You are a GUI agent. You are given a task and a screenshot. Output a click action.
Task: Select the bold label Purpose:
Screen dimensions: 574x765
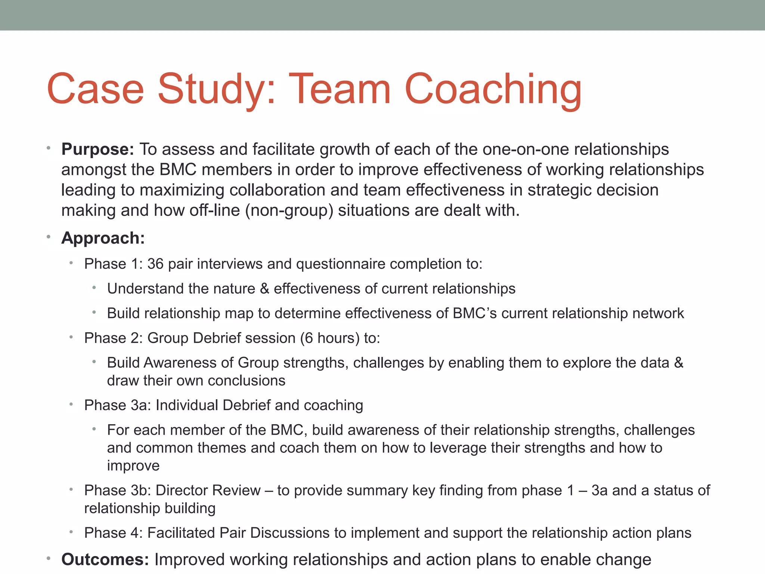click(x=97, y=149)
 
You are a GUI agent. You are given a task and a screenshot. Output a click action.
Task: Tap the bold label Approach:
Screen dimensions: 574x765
click(x=103, y=238)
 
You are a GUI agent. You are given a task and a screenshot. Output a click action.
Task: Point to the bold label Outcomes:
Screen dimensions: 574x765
click(x=105, y=559)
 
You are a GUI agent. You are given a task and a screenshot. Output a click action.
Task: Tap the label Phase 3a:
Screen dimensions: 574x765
click(x=117, y=405)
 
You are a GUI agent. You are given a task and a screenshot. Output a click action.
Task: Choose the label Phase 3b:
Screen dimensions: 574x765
click(x=117, y=490)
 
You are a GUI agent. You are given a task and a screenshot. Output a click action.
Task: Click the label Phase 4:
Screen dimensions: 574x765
click(x=113, y=533)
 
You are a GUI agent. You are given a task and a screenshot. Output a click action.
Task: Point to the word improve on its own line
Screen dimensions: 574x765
click(x=133, y=466)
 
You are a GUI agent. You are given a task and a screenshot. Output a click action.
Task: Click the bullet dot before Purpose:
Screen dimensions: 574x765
click(x=49, y=148)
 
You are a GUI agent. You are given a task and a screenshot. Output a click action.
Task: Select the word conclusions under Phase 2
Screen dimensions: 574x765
click(x=246, y=380)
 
